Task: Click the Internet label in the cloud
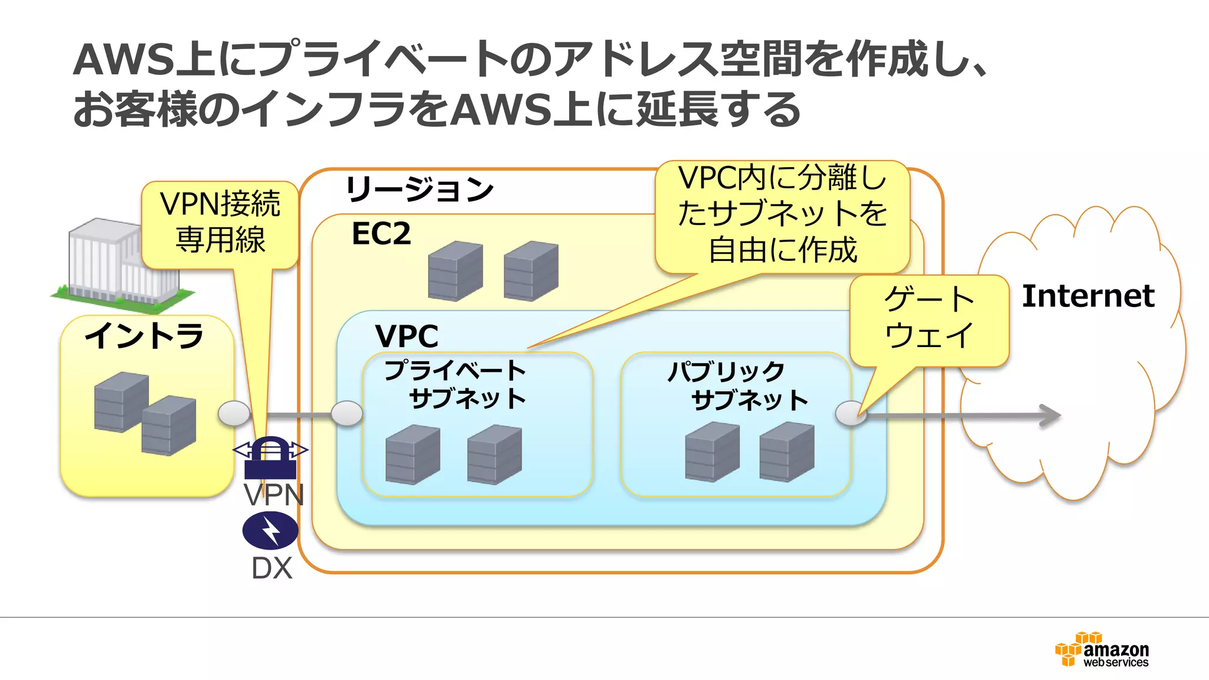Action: [x=1087, y=296]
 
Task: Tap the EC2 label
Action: [x=381, y=234]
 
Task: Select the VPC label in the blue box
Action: [x=407, y=336]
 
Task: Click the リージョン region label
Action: [x=419, y=189]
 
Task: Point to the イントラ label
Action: [x=145, y=336]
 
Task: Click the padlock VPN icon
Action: [x=270, y=458]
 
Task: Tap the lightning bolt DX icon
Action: [x=270, y=530]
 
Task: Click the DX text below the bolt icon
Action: [x=272, y=568]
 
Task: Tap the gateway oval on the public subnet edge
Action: [x=851, y=413]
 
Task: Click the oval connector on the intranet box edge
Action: [x=234, y=413]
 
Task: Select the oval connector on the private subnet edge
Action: [x=347, y=413]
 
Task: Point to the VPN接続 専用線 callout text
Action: [x=220, y=222]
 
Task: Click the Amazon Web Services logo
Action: [x=1102, y=650]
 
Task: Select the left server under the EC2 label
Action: [x=455, y=271]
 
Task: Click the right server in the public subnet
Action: [x=786, y=452]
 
